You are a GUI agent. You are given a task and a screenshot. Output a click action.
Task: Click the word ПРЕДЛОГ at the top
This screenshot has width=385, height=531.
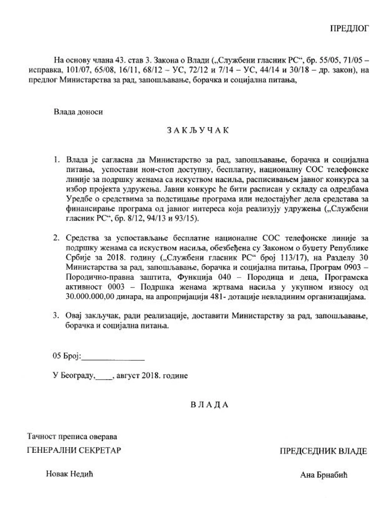click(x=349, y=28)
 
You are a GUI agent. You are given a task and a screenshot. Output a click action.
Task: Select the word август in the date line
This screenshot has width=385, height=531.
click(x=128, y=375)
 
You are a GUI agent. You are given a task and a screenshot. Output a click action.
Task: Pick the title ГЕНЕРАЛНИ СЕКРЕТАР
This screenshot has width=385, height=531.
click(x=74, y=450)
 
